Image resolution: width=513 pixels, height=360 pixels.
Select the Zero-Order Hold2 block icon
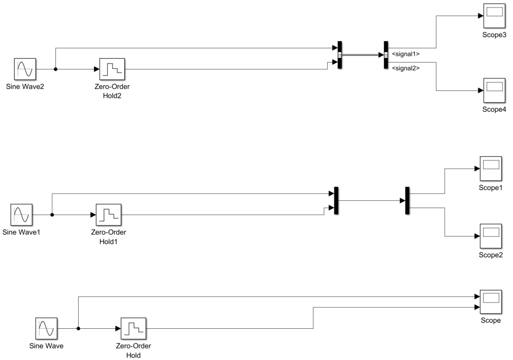[x=112, y=69]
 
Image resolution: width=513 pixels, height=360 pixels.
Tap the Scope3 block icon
[x=494, y=15]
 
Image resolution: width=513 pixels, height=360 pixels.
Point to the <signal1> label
[x=405, y=54]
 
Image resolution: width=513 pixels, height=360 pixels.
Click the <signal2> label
[x=405, y=69]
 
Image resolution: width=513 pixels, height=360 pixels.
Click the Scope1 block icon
[x=491, y=168]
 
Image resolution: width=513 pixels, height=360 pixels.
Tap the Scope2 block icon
[x=491, y=236]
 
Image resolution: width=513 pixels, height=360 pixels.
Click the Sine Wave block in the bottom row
[x=46, y=329]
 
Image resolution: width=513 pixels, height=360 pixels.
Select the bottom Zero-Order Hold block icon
[x=134, y=329]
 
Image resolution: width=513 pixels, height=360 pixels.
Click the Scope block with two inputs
[x=491, y=302]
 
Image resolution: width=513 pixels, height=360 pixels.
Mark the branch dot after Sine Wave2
[x=55, y=69]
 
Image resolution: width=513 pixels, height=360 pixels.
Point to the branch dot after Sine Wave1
[x=52, y=215]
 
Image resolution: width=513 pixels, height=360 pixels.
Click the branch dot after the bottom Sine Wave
[x=78, y=329]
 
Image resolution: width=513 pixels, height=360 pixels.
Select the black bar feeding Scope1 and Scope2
[x=407, y=201]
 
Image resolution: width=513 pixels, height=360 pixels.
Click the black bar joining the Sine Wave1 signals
[x=336, y=201]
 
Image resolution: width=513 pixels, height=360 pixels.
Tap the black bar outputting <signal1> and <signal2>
[x=386, y=55]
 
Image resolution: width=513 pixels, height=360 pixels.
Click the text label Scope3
[x=494, y=35]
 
